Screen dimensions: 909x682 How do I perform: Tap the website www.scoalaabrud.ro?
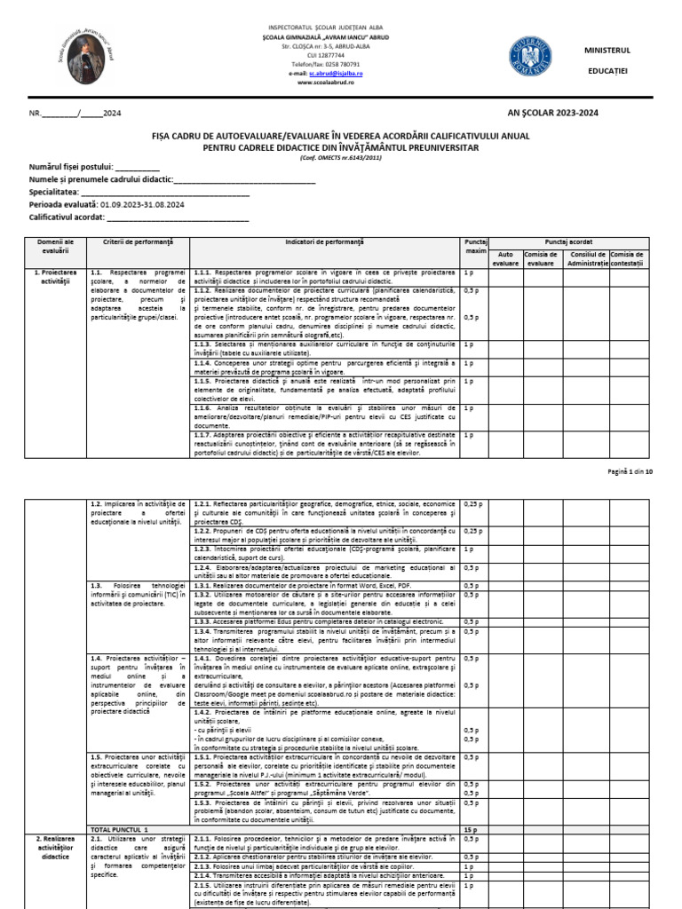tap(326, 82)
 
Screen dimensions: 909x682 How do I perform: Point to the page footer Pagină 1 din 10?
tap(630, 471)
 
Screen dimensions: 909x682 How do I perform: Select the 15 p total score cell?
tap(471, 828)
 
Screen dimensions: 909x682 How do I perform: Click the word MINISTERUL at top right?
tap(607, 50)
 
